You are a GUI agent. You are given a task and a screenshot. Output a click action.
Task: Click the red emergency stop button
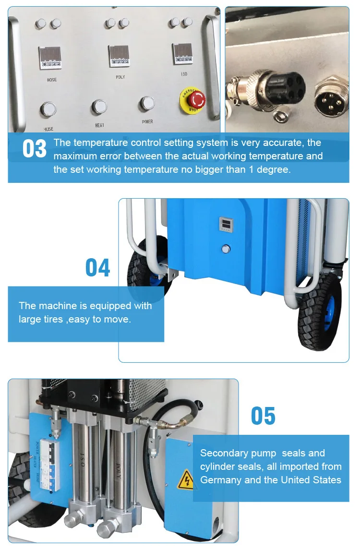196,99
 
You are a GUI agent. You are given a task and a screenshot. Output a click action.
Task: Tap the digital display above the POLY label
119,55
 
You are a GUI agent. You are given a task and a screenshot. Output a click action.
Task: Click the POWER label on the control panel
147,122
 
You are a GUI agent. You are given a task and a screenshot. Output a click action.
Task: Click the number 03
35,149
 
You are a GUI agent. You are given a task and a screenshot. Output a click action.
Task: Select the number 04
97,268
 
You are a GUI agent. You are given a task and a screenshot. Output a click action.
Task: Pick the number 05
263,416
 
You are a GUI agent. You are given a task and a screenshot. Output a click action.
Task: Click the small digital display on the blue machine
225,223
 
